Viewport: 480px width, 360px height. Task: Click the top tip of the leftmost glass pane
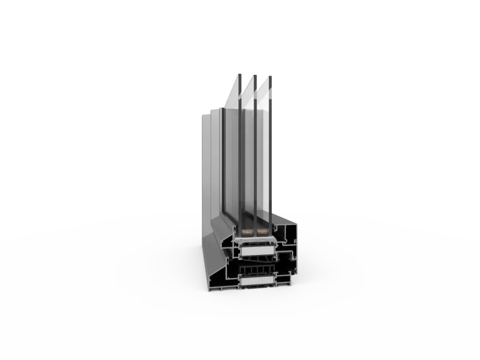239,72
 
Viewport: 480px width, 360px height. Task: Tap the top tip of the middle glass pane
255,74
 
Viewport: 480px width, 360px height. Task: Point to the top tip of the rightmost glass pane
271,76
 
